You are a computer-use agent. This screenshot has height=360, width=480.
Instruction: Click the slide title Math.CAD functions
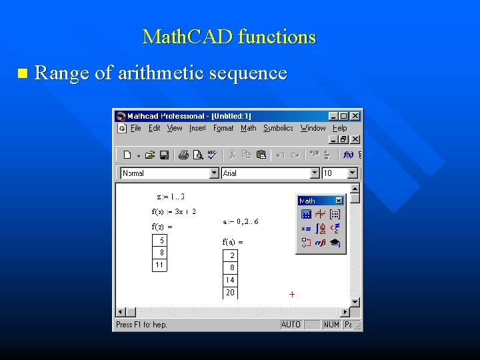[x=229, y=37]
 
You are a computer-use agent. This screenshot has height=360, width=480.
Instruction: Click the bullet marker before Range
[x=23, y=73]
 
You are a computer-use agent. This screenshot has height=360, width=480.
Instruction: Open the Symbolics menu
[x=278, y=128]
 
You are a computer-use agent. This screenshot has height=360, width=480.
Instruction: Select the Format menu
[x=223, y=128]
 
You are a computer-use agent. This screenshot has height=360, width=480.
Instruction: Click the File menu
[x=136, y=128]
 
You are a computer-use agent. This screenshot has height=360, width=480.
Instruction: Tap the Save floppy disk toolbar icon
[x=163, y=155]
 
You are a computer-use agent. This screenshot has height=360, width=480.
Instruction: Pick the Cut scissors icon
[x=232, y=155]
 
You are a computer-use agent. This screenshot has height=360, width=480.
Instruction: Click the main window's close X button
[x=355, y=116]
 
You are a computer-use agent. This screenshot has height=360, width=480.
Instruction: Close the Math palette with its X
[x=339, y=201]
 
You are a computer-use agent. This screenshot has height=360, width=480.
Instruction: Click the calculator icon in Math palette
[x=306, y=214]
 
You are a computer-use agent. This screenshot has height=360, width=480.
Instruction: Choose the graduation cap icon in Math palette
[x=335, y=243]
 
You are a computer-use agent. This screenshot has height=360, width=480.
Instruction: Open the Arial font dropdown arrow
[x=315, y=173]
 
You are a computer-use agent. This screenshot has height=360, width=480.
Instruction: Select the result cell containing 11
[x=159, y=265]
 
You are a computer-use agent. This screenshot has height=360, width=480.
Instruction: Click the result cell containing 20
[x=230, y=293]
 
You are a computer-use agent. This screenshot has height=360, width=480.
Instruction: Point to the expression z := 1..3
[x=171, y=197]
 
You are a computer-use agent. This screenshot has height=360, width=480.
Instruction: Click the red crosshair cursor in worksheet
[x=292, y=294]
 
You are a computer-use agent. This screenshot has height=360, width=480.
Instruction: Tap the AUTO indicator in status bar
[x=291, y=325]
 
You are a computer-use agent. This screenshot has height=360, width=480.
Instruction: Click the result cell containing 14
[x=230, y=280]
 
